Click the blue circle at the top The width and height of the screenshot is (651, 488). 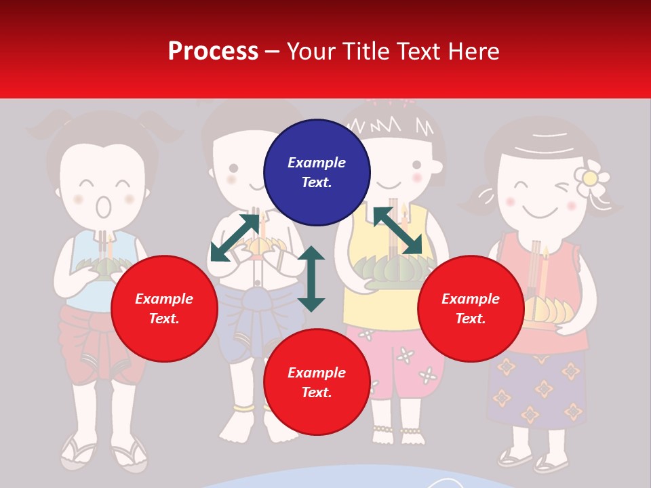coord(317,172)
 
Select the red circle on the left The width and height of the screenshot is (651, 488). coord(164,308)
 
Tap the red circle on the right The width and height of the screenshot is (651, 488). coord(471,308)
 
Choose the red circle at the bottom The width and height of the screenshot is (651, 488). coord(317,382)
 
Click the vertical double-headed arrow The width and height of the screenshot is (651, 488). coord(311,279)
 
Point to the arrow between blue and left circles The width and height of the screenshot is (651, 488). coord(235,237)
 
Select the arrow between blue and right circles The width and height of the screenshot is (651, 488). coord(397,230)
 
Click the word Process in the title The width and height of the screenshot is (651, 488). coord(213,51)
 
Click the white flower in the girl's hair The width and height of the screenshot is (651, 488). coord(590,178)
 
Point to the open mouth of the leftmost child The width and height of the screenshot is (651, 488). coord(103,206)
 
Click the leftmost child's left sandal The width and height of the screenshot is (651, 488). coord(78,453)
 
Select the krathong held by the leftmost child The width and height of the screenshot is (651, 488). coord(95,266)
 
